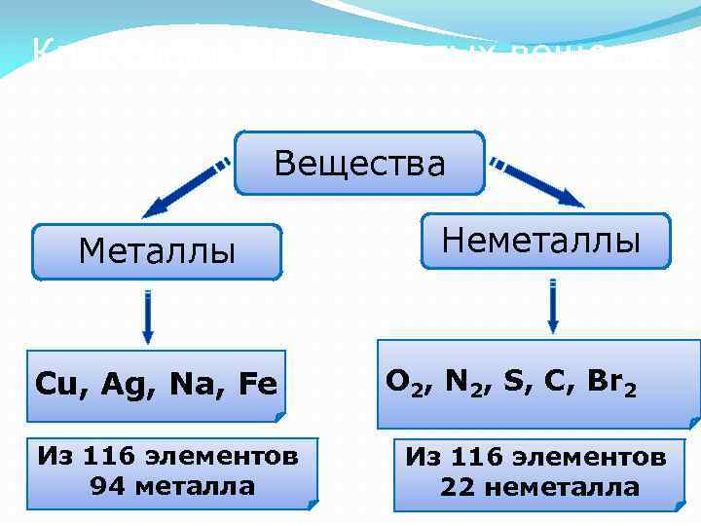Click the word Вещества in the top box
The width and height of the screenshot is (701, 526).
(x=359, y=163)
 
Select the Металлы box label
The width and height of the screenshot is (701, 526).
(x=157, y=252)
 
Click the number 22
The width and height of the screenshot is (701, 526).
(x=457, y=487)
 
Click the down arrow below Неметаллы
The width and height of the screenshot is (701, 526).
(x=553, y=307)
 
